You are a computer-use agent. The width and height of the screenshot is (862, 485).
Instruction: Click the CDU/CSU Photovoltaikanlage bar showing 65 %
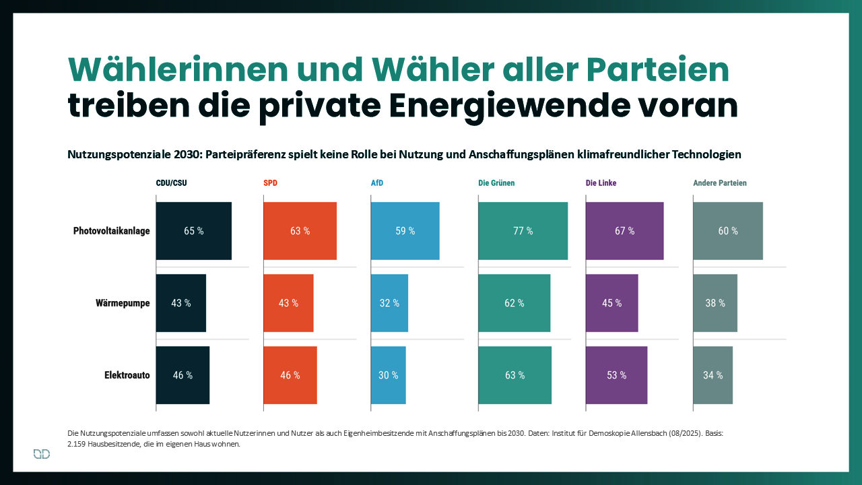pyautogui.click(x=194, y=231)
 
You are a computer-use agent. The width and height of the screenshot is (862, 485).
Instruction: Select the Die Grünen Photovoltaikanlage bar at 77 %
pyautogui.click(x=523, y=231)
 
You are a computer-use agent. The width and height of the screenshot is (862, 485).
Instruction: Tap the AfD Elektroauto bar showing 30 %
pyautogui.click(x=388, y=375)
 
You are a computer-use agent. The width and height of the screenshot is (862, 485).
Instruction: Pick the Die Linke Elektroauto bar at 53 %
pyautogui.click(x=616, y=375)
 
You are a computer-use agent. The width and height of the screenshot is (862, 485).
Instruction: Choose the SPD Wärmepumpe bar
pyautogui.click(x=288, y=303)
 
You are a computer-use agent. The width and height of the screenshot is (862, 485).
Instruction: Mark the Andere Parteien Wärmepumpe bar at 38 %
pyautogui.click(x=715, y=303)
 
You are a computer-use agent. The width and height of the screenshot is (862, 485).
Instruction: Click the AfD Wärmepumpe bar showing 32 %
pyautogui.click(x=389, y=303)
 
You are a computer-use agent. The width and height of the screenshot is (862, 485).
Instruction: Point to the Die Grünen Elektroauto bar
pyautogui.click(x=515, y=375)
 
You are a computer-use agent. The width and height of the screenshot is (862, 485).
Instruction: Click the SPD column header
pyautogui.click(x=270, y=183)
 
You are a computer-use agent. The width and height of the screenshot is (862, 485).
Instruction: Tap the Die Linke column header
pyautogui.click(x=601, y=183)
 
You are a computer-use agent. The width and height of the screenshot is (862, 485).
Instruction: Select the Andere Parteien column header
pyautogui.click(x=720, y=183)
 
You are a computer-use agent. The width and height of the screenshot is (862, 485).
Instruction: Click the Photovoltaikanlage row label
pyautogui.click(x=112, y=231)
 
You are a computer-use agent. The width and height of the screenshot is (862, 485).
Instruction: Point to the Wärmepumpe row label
pyautogui.click(x=123, y=303)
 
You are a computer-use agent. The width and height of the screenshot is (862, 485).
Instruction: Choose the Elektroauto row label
pyautogui.click(x=127, y=375)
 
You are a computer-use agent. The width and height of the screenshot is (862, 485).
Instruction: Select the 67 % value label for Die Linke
pyautogui.click(x=624, y=231)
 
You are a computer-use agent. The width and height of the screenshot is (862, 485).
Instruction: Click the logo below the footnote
pyautogui.click(x=42, y=455)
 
